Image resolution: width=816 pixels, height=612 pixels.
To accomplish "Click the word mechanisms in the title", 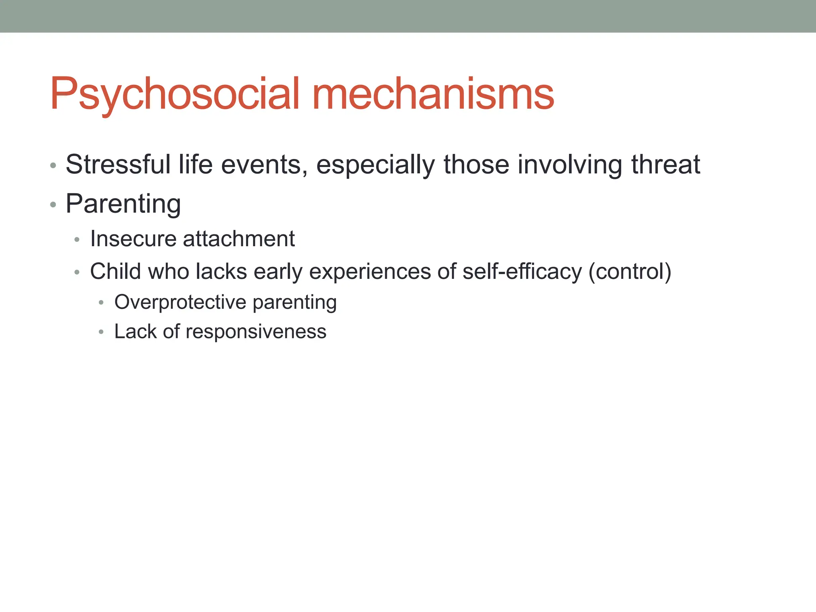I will tap(433, 94).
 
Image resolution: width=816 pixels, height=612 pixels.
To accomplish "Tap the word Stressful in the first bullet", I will tap(118, 164).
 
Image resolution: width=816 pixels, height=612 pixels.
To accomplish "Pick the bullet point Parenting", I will tap(123, 204).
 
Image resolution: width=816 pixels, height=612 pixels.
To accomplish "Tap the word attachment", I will tap(239, 239).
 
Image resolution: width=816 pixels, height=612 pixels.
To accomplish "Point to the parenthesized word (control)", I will tap(630, 272).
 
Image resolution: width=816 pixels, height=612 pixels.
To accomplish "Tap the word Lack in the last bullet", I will tap(135, 331).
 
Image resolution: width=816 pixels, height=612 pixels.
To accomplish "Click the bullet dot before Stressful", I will tap(53, 165).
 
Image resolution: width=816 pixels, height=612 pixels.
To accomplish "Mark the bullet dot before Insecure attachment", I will tap(77, 240).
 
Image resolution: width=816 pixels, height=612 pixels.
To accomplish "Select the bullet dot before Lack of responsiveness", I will tap(101, 332).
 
